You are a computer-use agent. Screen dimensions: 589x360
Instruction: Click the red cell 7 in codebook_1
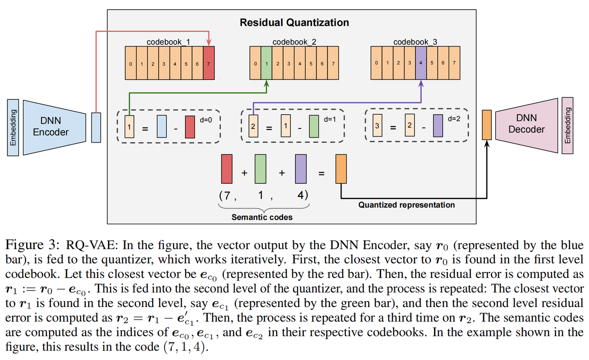coord(209,63)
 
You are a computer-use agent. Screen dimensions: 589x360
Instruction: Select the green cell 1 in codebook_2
coord(266,63)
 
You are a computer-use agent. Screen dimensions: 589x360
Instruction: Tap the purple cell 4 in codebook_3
coord(421,63)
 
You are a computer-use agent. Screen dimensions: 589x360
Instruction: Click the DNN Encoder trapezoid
coord(54,128)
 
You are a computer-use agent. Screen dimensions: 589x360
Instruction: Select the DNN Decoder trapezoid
coord(526,126)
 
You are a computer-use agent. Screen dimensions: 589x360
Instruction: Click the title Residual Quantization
coord(294,23)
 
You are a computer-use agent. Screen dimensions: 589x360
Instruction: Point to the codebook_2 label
coord(294,42)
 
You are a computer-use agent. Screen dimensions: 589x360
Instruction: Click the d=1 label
coord(330,120)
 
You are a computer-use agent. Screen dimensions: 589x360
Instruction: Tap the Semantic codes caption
coord(262,217)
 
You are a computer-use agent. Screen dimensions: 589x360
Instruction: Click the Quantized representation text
coord(406,205)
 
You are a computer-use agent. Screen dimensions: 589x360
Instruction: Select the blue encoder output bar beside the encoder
coord(96,128)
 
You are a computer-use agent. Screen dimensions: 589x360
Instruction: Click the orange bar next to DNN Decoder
coord(487,125)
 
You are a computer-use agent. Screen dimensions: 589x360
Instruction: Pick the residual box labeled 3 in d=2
coord(377,125)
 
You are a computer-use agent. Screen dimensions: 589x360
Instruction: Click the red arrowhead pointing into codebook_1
coord(209,42)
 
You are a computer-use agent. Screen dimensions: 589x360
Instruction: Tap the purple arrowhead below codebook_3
coord(421,84)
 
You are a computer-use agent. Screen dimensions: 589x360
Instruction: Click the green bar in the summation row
coord(260,169)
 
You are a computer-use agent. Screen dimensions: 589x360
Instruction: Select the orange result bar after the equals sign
coord(341,169)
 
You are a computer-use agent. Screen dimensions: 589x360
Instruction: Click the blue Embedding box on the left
coord(13,128)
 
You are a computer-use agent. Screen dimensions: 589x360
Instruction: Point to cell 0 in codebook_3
coord(376,63)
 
